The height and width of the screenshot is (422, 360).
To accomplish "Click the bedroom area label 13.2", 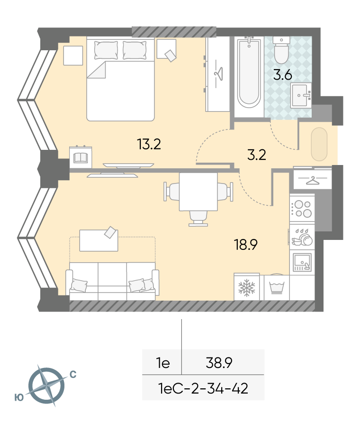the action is tap(149, 144).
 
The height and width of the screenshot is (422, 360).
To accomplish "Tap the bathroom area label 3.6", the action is tap(283, 75).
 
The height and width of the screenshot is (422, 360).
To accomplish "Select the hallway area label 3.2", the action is tap(256, 155).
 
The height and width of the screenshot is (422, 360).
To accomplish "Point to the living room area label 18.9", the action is tap(246, 245).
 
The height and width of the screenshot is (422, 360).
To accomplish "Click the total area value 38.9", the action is tap(219, 363).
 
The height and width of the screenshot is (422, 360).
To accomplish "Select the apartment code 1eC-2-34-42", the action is tap(203, 388).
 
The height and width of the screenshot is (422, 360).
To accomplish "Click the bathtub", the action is tap(249, 73).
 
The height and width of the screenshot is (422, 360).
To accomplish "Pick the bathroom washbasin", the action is tap(301, 95).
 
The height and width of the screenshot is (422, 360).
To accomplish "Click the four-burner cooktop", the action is tap(302, 209).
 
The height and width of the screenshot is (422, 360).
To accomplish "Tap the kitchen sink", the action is tap(302, 262).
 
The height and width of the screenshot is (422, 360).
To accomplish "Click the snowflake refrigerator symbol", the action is tap(246, 287).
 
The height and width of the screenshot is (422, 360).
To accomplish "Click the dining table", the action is tap(198, 192).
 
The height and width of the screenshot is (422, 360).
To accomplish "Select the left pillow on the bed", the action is tap(106, 50).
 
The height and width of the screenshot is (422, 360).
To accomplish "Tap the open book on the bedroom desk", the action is tap(81, 158).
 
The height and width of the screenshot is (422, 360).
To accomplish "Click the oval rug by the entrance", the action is tap(319, 144).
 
